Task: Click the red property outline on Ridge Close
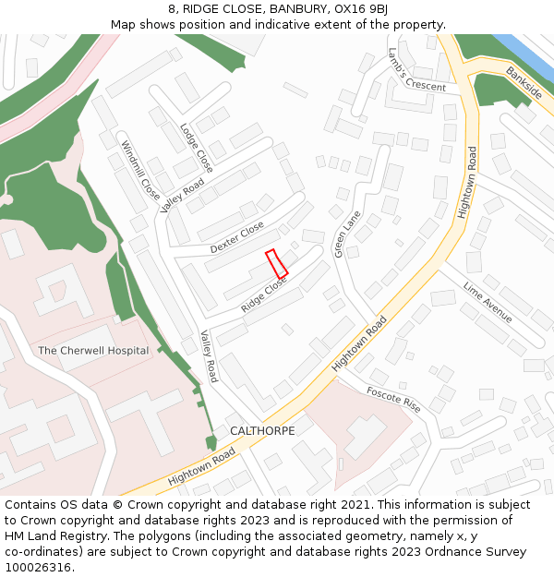pos(277,263)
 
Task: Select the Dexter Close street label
pos(237,237)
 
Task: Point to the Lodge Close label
pos(197,148)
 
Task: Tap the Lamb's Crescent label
pos(416,70)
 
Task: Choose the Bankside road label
pos(524,83)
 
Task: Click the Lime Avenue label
pos(488,302)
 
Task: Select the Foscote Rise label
pos(392,398)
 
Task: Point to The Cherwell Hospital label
pos(93,351)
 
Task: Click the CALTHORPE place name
pos(262,431)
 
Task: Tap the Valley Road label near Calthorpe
pos(210,357)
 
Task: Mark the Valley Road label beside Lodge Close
pos(182,195)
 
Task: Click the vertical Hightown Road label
pos(465,183)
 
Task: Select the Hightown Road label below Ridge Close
pos(359,343)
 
